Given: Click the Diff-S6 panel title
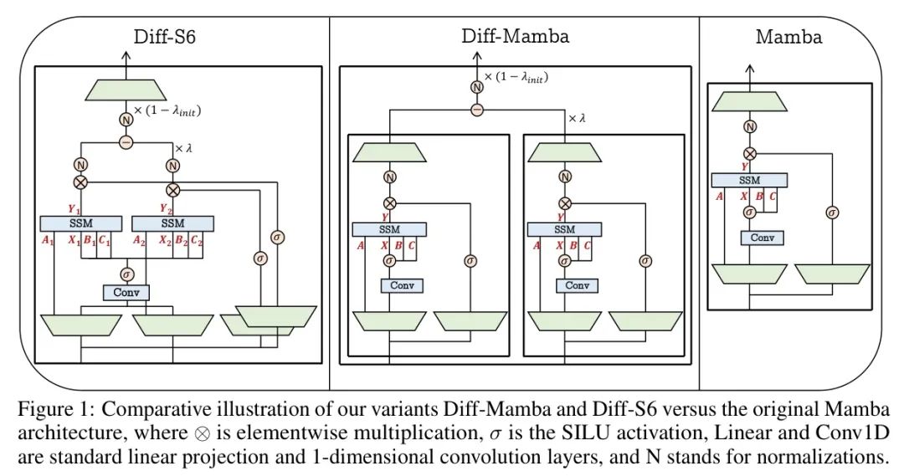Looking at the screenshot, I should pyautogui.click(x=164, y=37).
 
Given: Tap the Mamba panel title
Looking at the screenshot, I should pyautogui.click(x=788, y=37).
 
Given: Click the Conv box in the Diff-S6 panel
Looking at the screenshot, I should pyautogui.click(x=126, y=293).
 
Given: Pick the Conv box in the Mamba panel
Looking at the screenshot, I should pyautogui.click(x=762, y=238).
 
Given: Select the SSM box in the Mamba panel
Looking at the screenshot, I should pyautogui.click(x=749, y=180).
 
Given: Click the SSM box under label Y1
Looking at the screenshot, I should pyautogui.click(x=80, y=223).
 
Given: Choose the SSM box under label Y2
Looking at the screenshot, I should pyautogui.click(x=173, y=223).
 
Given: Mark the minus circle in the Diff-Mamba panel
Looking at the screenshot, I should pyautogui.click(x=478, y=110).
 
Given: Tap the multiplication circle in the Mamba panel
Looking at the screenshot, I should pyautogui.click(x=750, y=154).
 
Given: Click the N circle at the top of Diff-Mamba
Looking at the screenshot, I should pyautogui.click(x=478, y=86).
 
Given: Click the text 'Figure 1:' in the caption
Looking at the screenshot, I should pyautogui.click(x=53, y=411).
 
